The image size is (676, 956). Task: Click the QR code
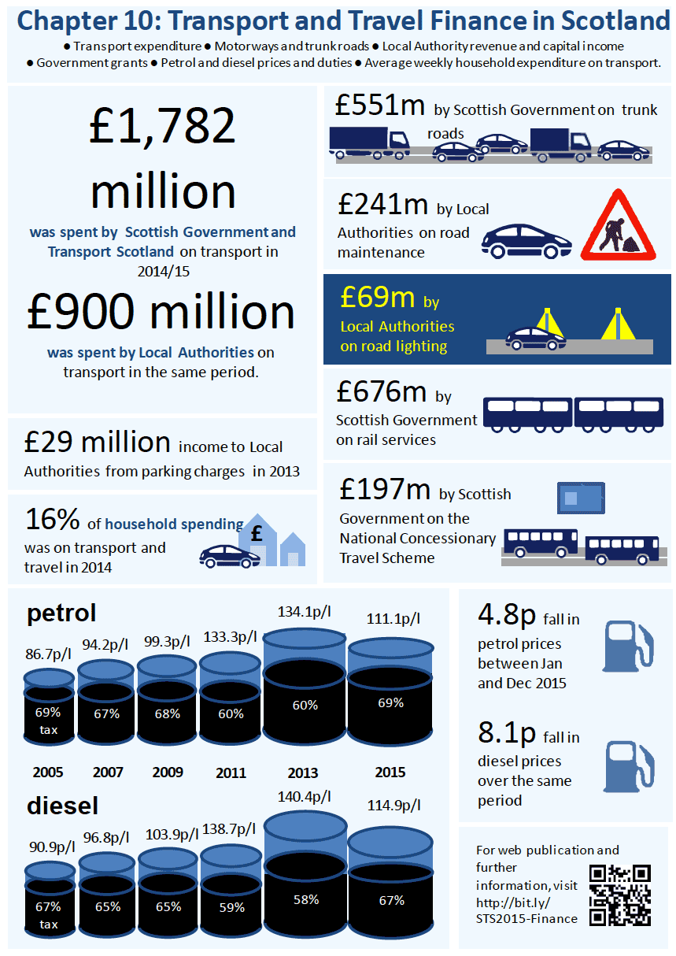coord(620,895)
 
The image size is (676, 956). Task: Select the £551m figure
coord(380,106)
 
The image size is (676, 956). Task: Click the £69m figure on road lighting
coord(377,297)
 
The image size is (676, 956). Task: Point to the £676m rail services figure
coord(382,391)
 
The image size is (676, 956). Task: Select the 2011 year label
coord(231,773)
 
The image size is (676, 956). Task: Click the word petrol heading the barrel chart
coord(61,613)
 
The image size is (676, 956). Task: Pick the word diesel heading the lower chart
coord(62,806)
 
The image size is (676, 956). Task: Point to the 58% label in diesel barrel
coord(306,899)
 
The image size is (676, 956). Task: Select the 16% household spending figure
coord(52,520)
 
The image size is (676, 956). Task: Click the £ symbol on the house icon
coord(256,533)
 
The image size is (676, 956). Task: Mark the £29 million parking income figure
coord(97,442)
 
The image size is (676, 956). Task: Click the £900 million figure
coord(161,312)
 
